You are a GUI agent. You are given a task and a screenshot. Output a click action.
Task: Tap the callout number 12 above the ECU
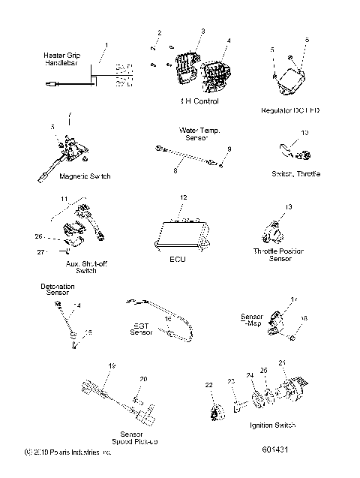click(181, 198)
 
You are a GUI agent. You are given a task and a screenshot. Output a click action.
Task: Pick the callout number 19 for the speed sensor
click(112, 365)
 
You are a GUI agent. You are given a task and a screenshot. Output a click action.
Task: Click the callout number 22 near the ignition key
click(209, 385)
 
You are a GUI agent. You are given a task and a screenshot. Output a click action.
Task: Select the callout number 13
click(289, 206)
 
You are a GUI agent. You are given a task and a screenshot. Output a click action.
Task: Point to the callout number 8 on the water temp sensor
click(175, 171)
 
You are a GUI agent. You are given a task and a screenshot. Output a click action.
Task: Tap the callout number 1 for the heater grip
click(106, 45)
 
